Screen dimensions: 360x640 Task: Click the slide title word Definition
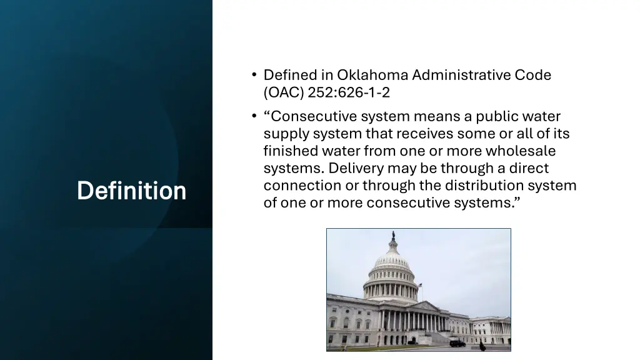tap(131, 191)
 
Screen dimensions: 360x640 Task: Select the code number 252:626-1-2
tap(349, 93)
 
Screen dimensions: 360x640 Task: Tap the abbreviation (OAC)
tap(284, 93)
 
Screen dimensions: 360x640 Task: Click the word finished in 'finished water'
tap(291, 151)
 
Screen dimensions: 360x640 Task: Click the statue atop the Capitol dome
tap(392, 236)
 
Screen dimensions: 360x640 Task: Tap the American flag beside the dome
tap(421, 285)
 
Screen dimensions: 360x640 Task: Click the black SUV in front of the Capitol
tap(457, 343)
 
